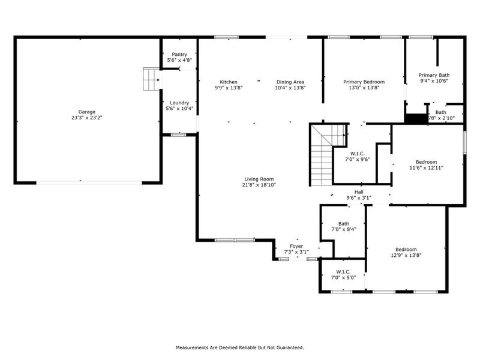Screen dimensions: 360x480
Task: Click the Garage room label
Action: click(x=86, y=112)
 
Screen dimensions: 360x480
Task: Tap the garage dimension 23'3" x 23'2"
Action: click(x=86, y=118)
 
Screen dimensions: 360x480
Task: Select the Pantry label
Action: click(x=179, y=54)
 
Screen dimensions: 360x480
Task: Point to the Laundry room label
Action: click(x=179, y=103)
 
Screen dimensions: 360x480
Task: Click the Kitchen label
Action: click(x=229, y=82)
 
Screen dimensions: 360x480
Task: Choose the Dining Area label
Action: click(x=290, y=82)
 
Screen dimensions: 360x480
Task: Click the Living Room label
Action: click(x=259, y=179)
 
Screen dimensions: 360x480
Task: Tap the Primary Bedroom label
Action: click(x=364, y=82)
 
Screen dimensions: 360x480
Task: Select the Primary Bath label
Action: click(x=434, y=75)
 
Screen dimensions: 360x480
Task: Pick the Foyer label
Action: click(x=296, y=246)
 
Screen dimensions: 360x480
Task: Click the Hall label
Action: click(x=359, y=192)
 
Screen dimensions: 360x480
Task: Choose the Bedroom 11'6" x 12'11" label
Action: click(x=426, y=161)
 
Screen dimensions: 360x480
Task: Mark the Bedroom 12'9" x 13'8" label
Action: click(x=406, y=250)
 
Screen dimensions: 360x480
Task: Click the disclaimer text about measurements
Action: click(x=239, y=347)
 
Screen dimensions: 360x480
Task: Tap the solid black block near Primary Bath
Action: click(x=414, y=118)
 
